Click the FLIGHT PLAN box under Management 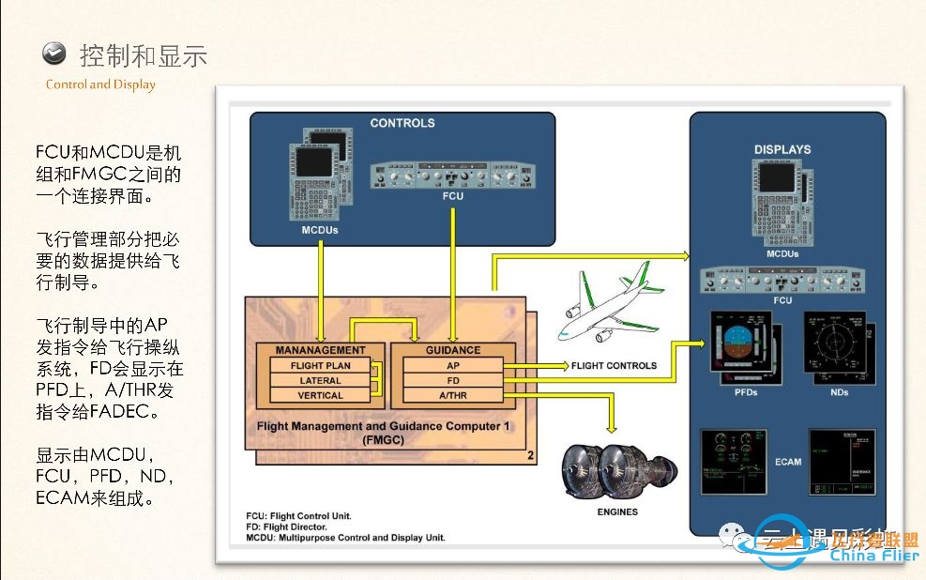(320, 365)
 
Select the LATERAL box (320, 380)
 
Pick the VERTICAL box (320, 395)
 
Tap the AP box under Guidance (452, 365)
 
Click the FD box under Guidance (452, 380)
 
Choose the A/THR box (452, 395)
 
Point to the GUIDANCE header (452, 350)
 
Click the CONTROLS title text (402, 123)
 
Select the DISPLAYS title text (782, 149)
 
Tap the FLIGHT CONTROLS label (614, 365)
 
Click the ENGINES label (617, 511)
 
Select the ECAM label (788, 462)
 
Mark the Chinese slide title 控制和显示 (143, 55)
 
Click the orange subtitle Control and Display (100, 84)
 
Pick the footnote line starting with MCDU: (345, 538)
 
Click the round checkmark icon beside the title (55, 53)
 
